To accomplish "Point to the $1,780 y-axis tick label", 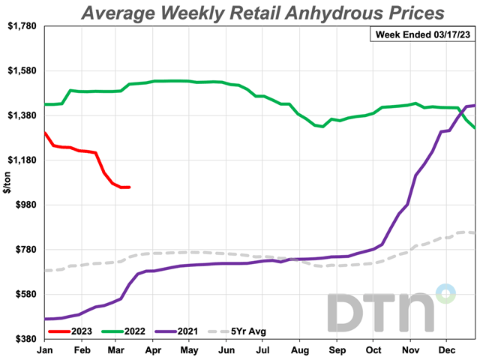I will point(22,26).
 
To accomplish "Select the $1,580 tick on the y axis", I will point(22,71).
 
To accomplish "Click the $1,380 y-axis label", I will point(22,115).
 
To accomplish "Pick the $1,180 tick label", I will point(22,160).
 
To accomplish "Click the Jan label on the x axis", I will point(44,349).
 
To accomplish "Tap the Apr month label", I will point(154,349).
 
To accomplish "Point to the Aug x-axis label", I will point(300,349).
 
